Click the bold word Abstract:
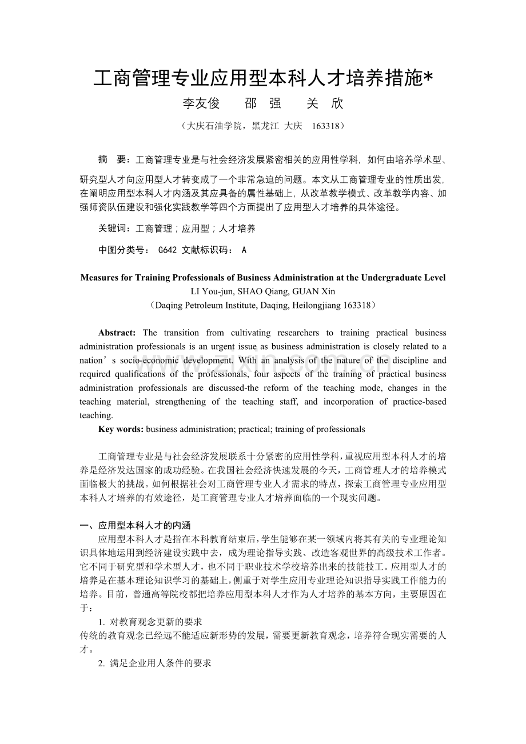pos(117,333)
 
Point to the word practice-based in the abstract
pos(420,402)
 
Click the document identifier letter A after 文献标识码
pos(244,250)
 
